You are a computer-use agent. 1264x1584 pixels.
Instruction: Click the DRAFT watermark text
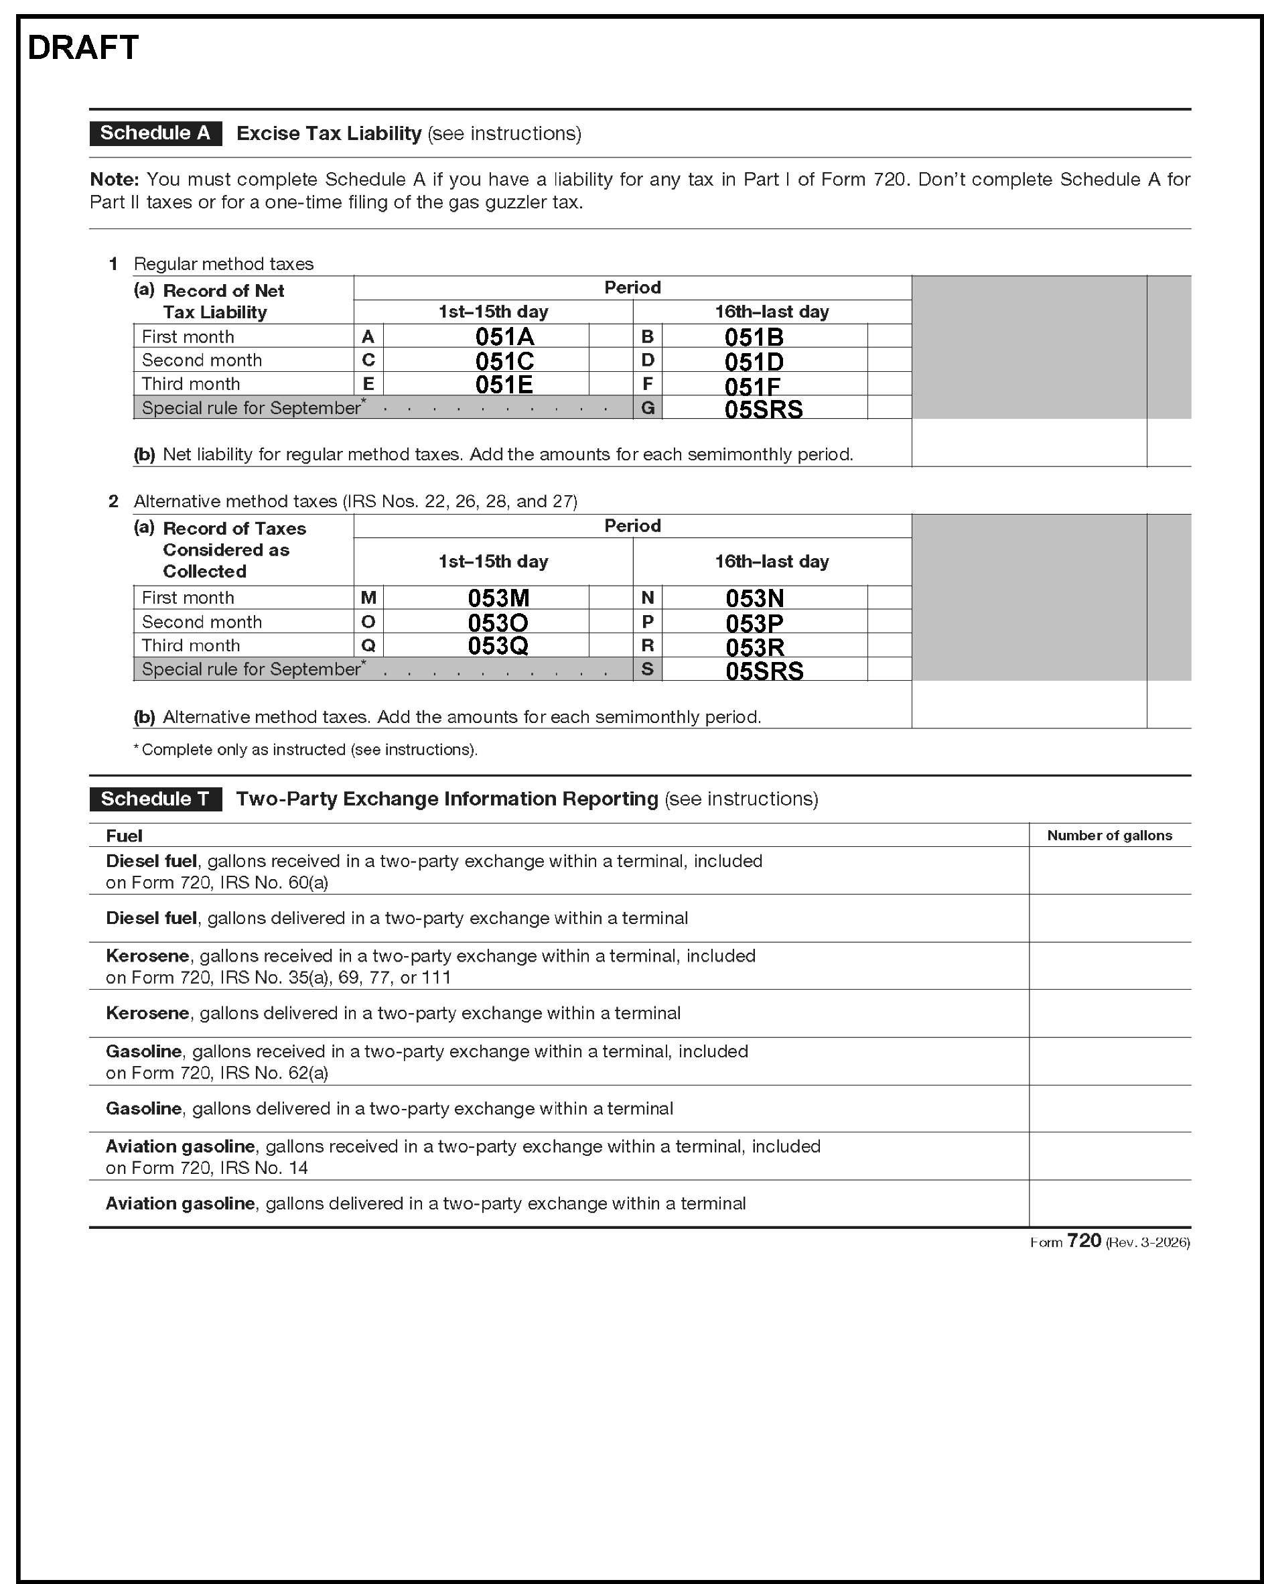(x=83, y=48)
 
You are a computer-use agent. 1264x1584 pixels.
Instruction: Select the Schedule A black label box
(x=155, y=133)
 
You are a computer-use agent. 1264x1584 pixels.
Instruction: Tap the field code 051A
(x=504, y=336)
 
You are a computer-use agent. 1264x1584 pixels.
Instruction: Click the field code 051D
(x=754, y=361)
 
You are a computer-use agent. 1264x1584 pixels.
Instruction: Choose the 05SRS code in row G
(x=763, y=409)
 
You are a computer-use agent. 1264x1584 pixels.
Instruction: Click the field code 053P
(x=754, y=623)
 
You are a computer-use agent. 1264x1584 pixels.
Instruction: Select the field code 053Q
(x=498, y=646)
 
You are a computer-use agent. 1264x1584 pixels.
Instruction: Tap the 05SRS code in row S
(x=764, y=671)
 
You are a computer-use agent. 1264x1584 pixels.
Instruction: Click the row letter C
(x=368, y=360)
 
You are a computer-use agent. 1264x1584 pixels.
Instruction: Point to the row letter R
(x=647, y=645)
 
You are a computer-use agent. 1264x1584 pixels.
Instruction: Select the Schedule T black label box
(x=155, y=799)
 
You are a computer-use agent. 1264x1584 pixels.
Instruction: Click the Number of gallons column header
(x=1109, y=836)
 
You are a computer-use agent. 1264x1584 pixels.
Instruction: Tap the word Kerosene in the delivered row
(x=147, y=1013)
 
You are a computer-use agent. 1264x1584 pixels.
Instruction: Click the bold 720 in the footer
(x=1083, y=1241)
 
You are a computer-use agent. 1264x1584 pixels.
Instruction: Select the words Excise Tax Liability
(x=328, y=134)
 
